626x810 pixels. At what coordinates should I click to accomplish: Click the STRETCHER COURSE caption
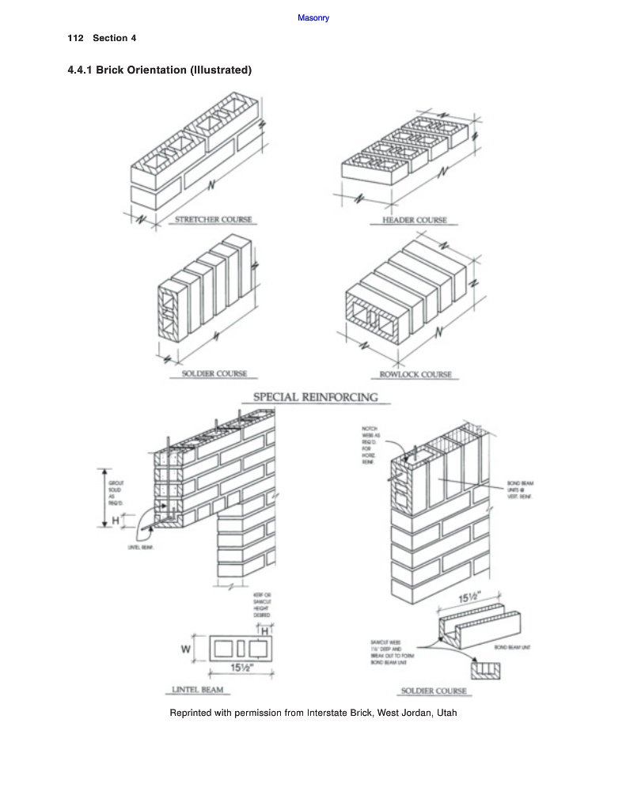coord(213,219)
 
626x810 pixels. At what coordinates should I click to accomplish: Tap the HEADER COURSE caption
coord(414,220)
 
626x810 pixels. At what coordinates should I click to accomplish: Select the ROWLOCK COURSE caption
coord(415,374)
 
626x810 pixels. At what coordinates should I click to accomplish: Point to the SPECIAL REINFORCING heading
coord(315,397)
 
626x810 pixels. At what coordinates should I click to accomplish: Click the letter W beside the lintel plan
coord(186,650)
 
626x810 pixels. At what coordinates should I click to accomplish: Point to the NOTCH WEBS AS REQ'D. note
coord(370,444)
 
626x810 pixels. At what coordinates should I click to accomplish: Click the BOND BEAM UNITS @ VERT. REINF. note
coord(520,488)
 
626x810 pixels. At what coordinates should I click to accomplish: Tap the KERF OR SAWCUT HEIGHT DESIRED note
coord(262,604)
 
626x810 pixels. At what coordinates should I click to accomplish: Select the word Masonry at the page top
coord(313,17)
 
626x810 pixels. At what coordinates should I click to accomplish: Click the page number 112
coord(76,38)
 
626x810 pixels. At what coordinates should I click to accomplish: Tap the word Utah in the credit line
coord(446,713)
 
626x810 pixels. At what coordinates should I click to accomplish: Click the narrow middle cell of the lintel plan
coord(241,650)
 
